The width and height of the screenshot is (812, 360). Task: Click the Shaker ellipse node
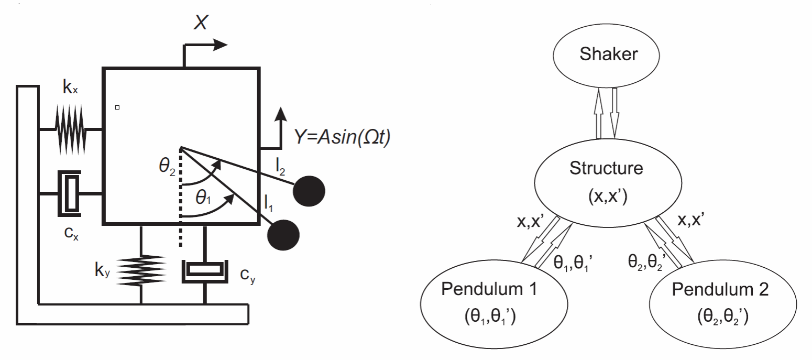609,55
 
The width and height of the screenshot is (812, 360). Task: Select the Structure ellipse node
609,180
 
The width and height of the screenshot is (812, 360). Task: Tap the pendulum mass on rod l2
309,191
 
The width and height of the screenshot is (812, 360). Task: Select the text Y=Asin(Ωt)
341,138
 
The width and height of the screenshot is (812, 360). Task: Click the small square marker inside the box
117,107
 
